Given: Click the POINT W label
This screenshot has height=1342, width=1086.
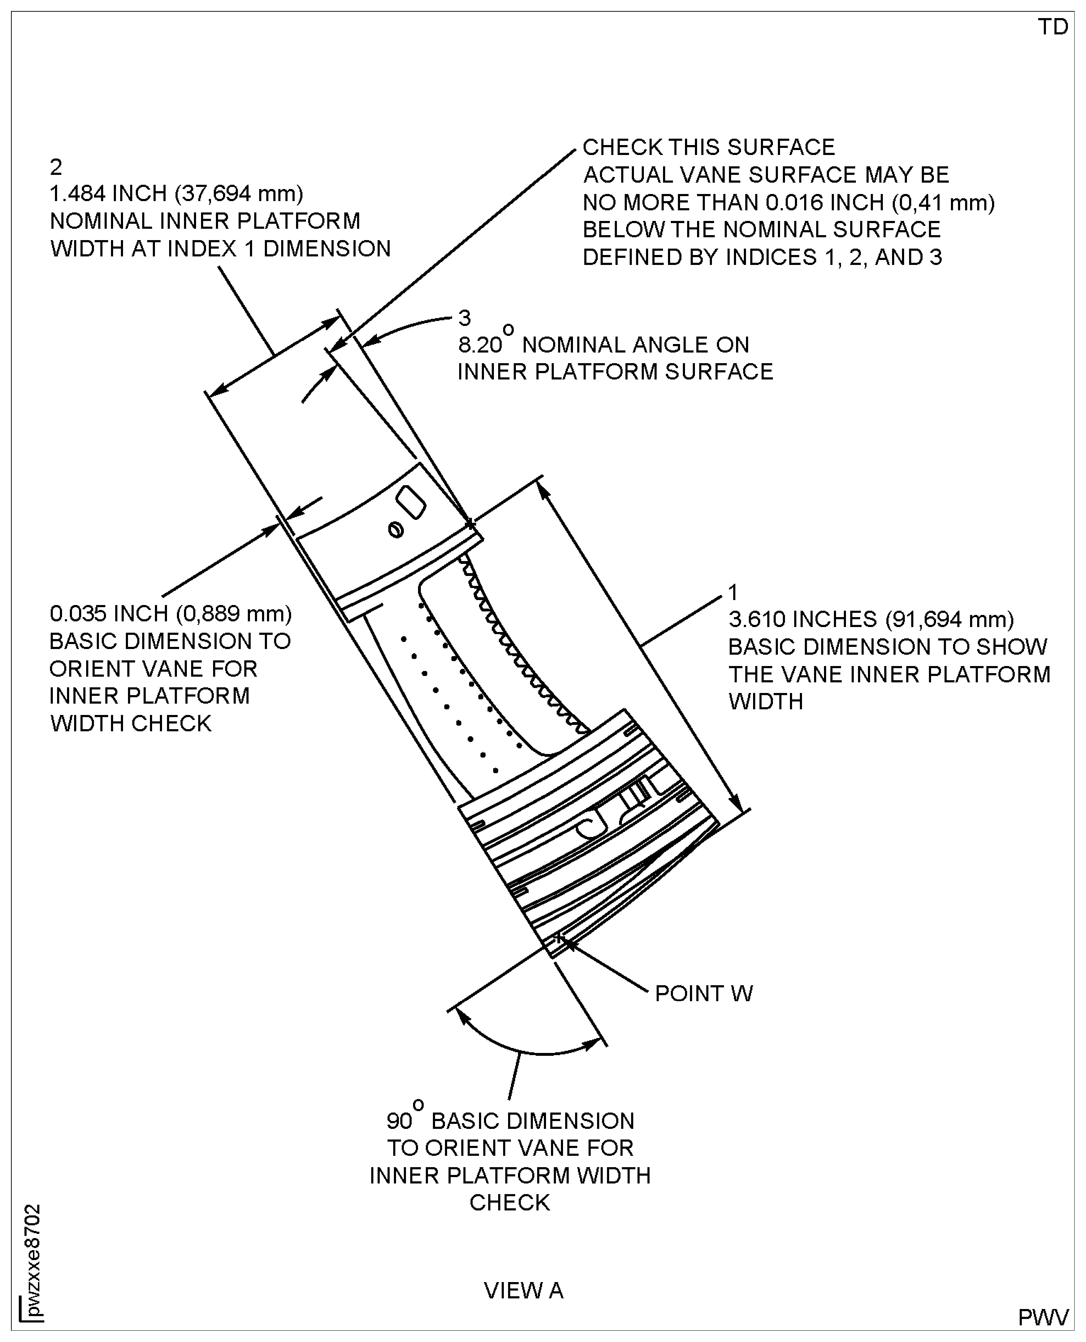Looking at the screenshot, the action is (704, 993).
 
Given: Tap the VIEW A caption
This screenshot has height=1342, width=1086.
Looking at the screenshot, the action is (524, 1290).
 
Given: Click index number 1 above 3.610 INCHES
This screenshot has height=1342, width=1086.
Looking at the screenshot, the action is (733, 592).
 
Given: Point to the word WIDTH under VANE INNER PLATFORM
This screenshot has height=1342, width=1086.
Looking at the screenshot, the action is (766, 701).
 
